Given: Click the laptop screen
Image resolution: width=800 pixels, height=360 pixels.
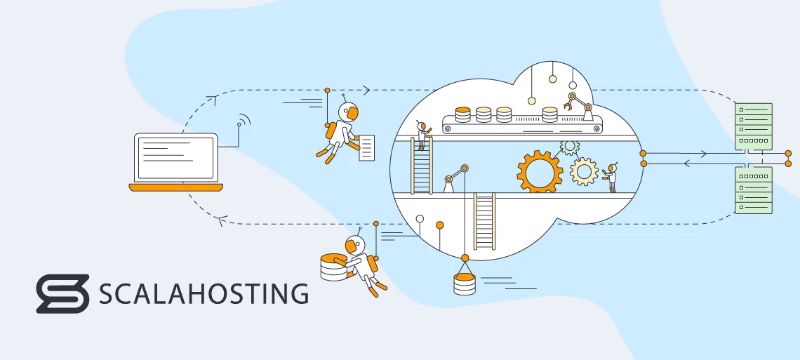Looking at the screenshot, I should tap(175, 157).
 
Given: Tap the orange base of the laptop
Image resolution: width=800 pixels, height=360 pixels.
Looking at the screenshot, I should tap(175, 187).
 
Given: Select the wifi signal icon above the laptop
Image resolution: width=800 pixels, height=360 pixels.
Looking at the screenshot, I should tap(243, 121).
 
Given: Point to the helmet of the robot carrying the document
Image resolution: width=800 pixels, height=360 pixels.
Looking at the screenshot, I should tap(348, 112).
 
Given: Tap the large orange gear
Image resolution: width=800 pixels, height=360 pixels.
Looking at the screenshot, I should tap(540, 171).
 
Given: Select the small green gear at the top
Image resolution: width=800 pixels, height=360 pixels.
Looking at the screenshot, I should tap(569, 147).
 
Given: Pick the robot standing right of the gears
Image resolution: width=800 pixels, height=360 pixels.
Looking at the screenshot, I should tap(611, 177).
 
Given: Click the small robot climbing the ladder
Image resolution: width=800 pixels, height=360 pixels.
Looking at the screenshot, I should tap(422, 135).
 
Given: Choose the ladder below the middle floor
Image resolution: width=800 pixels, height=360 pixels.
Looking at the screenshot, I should tap(484, 221).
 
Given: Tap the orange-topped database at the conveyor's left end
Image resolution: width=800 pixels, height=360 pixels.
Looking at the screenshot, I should tap(462, 114).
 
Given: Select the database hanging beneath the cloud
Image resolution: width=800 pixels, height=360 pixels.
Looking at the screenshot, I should tap(464, 284).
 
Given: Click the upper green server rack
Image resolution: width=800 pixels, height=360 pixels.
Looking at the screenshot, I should tap(753, 126).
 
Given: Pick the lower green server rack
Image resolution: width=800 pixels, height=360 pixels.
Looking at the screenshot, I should tap(753, 189).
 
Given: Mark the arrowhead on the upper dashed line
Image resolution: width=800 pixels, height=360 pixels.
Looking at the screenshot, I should tap(366, 90).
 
